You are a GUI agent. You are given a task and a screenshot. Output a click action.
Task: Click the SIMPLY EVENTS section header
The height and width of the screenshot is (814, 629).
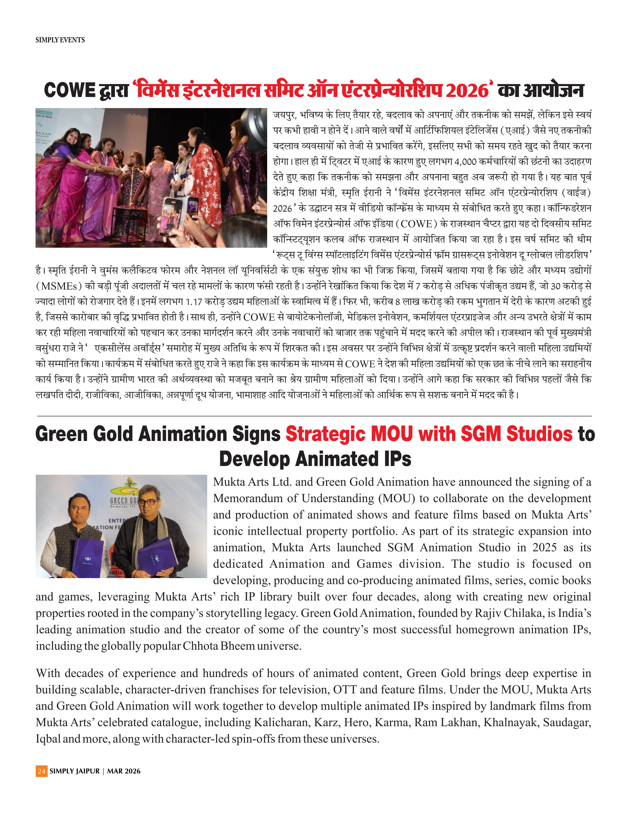[x=60, y=40]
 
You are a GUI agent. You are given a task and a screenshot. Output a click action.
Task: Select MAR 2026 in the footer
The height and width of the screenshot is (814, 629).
[x=124, y=771]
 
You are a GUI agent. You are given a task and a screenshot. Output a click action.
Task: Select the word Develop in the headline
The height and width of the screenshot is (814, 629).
[x=254, y=458]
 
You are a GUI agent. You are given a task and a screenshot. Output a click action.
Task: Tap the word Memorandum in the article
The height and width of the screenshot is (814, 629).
[x=254, y=498]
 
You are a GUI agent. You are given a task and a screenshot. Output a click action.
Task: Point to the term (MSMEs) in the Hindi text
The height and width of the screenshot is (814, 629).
[x=58, y=286]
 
